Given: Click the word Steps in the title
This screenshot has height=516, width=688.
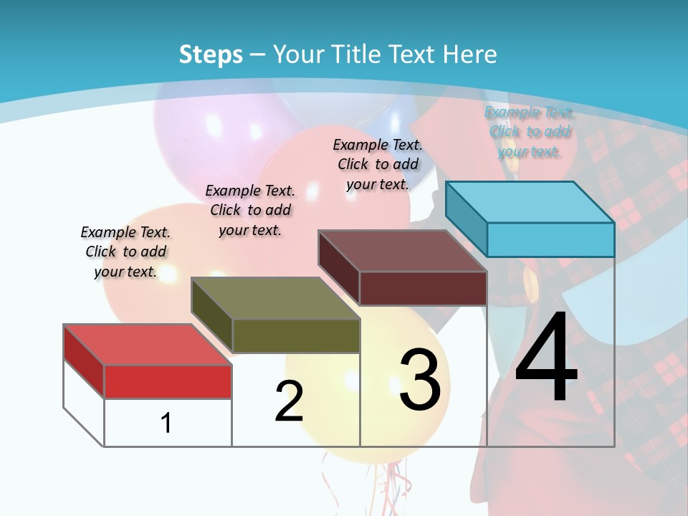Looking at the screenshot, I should (x=211, y=54).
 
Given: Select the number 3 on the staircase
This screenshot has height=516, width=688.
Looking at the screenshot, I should (x=420, y=380).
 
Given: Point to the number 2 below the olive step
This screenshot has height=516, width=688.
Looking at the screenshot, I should (x=289, y=401).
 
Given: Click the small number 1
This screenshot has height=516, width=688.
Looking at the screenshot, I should (x=166, y=423).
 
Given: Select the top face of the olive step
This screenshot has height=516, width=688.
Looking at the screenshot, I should (x=275, y=298).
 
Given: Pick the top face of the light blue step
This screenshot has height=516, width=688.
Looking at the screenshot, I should (x=530, y=202).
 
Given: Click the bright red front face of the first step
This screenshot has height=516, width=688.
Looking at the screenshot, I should (x=168, y=381).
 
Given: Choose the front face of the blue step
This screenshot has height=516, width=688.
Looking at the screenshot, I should (x=550, y=239).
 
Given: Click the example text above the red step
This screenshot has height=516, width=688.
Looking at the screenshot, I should (x=125, y=252).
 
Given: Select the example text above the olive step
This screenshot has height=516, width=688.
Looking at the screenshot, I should (x=250, y=210).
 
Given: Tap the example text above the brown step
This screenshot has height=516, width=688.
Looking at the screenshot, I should (x=378, y=164).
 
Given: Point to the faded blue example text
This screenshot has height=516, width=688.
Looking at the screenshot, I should (x=530, y=132).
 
